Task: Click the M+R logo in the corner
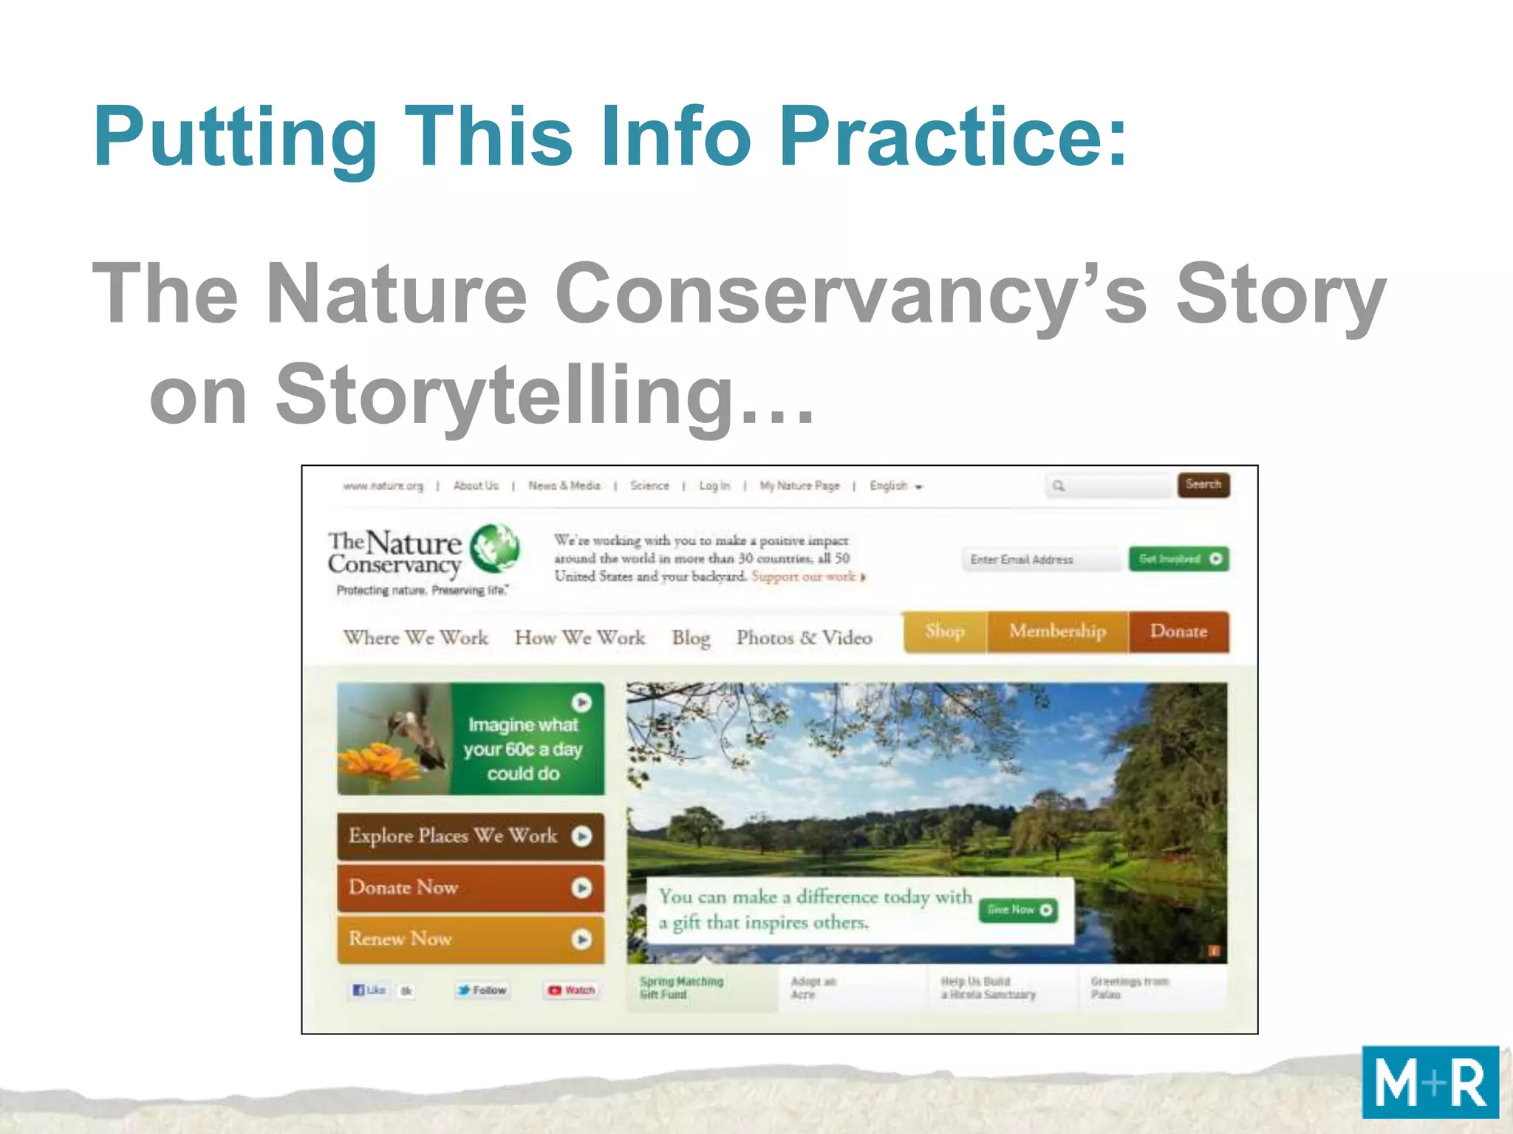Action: tap(1430, 1082)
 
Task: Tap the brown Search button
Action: tap(1203, 485)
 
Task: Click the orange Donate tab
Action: tap(1178, 631)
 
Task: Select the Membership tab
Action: tap(1057, 631)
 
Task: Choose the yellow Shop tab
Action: tap(945, 631)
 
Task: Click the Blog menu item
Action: tap(691, 637)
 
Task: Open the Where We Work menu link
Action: tap(416, 637)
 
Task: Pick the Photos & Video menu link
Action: tap(804, 637)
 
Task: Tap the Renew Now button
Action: tap(470, 939)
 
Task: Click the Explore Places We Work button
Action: tap(470, 836)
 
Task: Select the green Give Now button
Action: tap(1018, 910)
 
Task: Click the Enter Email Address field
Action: tap(1040, 560)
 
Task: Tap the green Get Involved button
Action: tap(1178, 559)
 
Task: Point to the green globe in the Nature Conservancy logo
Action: tap(495, 549)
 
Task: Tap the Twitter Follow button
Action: tap(482, 990)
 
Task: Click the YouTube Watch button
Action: tap(572, 990)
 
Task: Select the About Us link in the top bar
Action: tap(476, 486)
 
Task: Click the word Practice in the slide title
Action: tap(954, 137)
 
